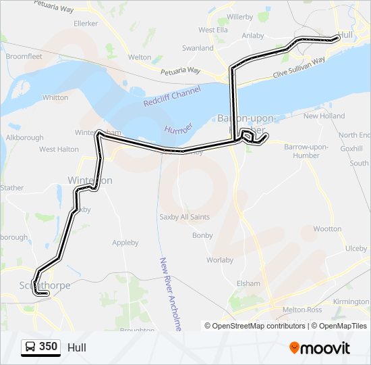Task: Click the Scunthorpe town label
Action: pyautogui.click(x=46, y=286)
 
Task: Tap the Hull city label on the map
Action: pyautogui.click(x=345, y=33)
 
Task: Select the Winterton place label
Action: pyautogui.click(x=90, y=180)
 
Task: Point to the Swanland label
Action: pyautogui.click(x=198, y=49)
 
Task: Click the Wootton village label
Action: pyautogui.click(x=328, y=229)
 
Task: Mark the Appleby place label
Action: pyautogui.click(x=125, y=243)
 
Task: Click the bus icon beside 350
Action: pyautogui.click(x=30, y=347)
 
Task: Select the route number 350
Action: pyautogui.click(x=48, y=347)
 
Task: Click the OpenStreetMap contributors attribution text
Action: pyautogui.click(x=255, y=326)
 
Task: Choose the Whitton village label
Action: pyautogui.click(x=55, y=97)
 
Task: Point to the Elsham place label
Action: pyautogui.click(x=248, y=283)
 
